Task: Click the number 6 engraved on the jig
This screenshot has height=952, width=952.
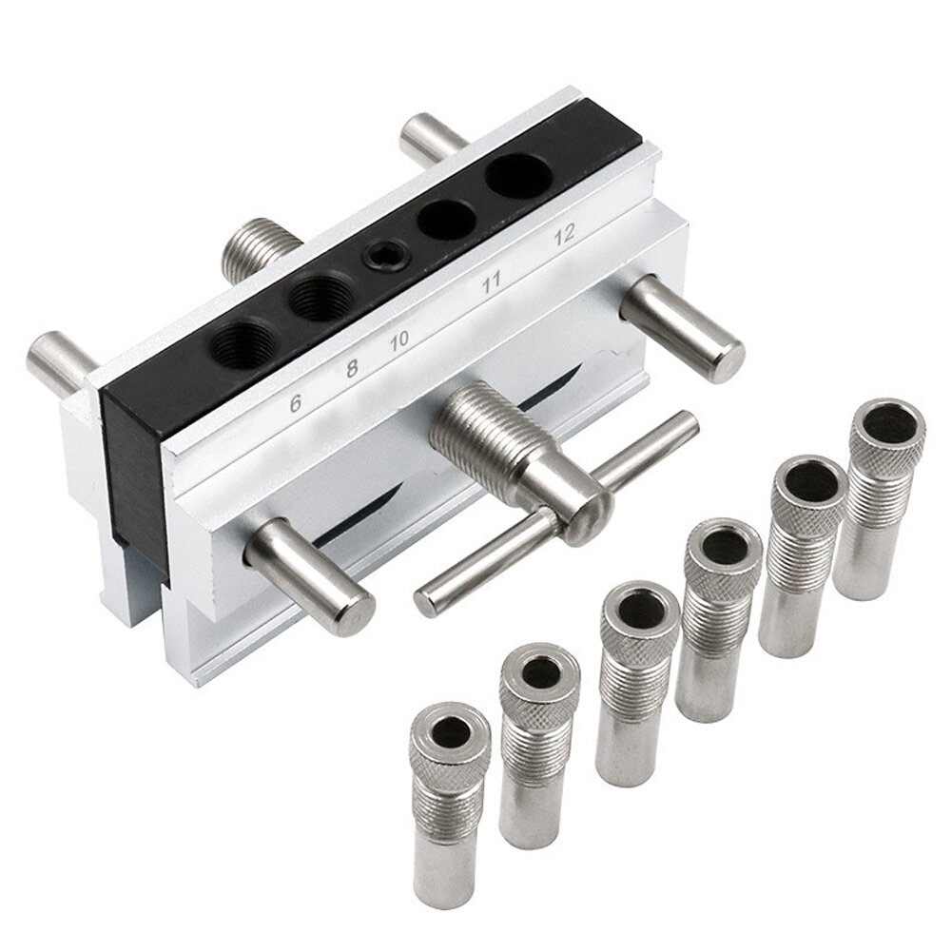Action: pyautogui.click(x=297, y=402)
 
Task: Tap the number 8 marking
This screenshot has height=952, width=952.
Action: pyautogui.click(x=352, y=369)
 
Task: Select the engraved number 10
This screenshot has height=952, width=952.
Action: pyautogui.click(x=399, y=340)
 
